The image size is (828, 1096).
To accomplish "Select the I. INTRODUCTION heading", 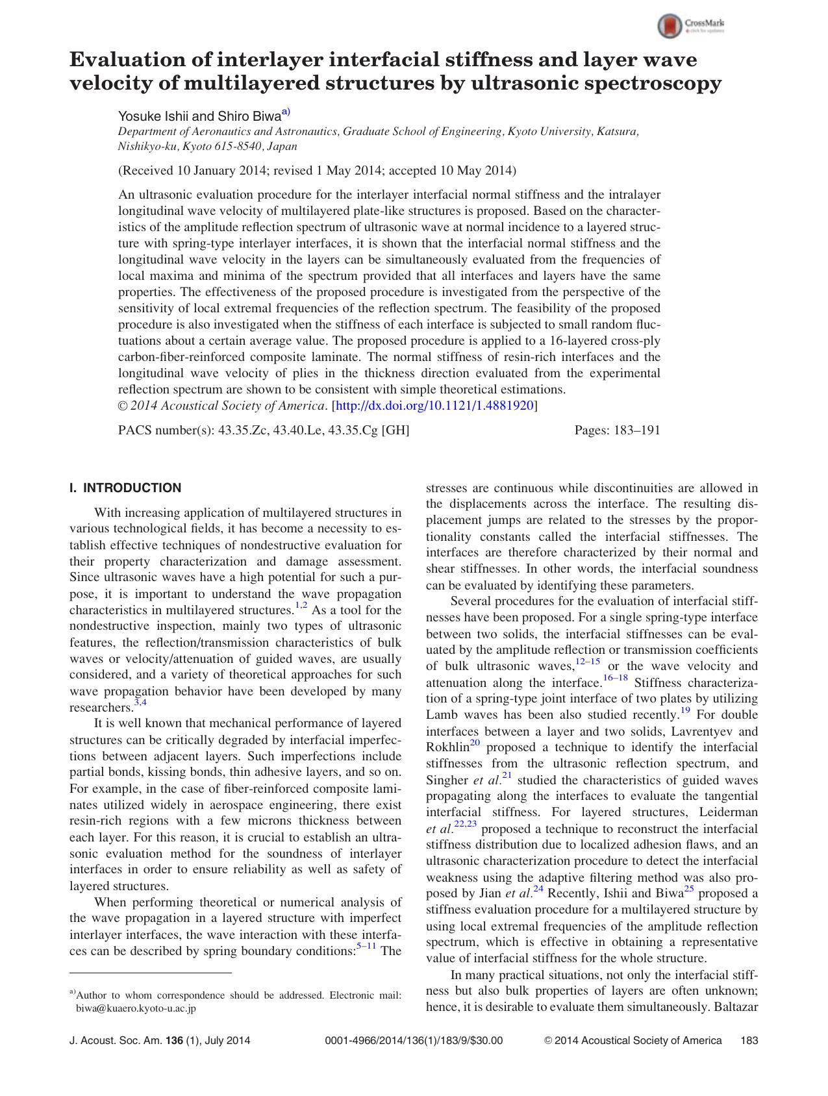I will tap(125, 488).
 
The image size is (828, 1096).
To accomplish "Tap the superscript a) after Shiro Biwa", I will tap(286, 112).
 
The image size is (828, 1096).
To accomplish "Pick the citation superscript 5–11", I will tap(366, 946).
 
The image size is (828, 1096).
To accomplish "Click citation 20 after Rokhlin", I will tap(475, 743).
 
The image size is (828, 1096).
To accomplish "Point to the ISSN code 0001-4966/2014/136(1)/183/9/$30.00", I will tap(413, 1040).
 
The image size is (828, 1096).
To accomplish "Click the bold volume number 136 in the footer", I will tap(175, 1040).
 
